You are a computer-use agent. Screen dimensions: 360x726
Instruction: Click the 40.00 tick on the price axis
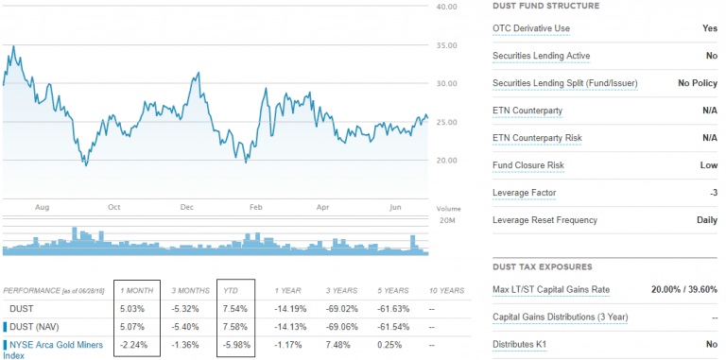coord(447,8)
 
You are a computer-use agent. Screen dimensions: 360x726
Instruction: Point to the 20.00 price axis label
coord(447,161)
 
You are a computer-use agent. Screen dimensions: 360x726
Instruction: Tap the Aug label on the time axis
coord(42,207)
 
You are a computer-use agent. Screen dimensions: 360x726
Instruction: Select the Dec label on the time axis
coord(186,207)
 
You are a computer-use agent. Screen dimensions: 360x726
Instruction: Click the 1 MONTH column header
coord(139,290)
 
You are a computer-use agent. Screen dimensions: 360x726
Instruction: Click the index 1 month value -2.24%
coord(134,343)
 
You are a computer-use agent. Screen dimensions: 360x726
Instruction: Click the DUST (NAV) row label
coord(35,325)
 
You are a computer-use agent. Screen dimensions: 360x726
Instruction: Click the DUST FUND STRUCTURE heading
coord(546,6)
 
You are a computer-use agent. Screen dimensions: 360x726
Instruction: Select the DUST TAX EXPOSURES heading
coord(543,266)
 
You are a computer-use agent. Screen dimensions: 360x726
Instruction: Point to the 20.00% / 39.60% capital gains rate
coord(683,289)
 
